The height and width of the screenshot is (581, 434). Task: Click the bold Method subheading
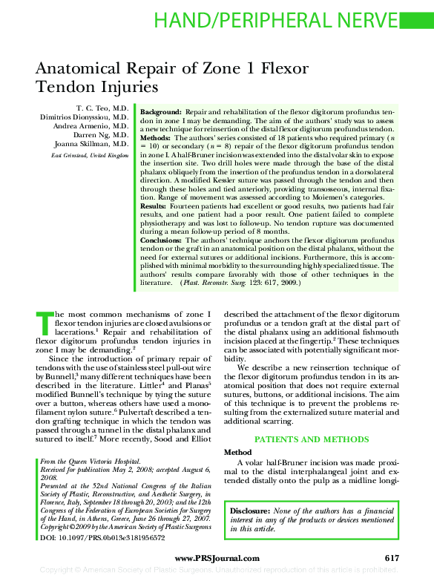tap(238, 453)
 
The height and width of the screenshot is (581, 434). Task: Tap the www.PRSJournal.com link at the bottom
tap(217, 558)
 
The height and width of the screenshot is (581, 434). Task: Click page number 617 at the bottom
tap(392, 558)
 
